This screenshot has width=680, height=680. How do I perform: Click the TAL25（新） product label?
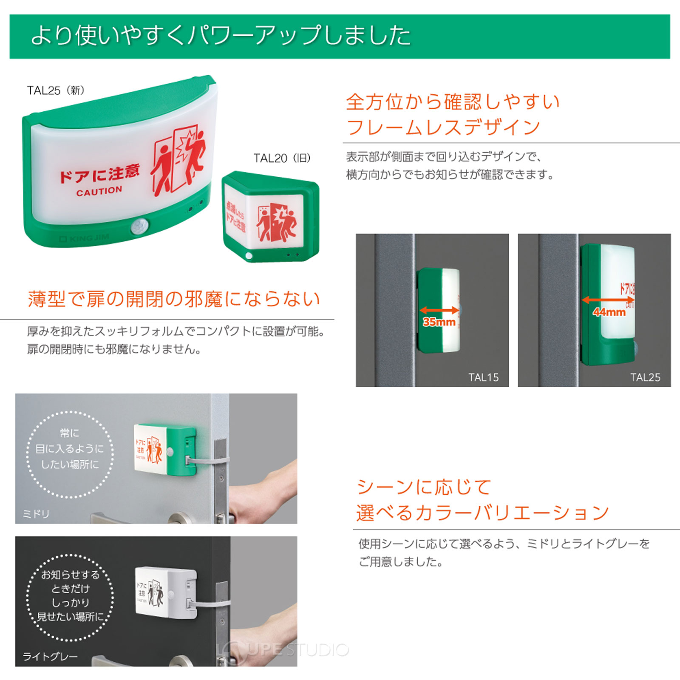pyautogui.click(x=56, y=91)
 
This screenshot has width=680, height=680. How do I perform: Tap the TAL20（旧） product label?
pyautogui.click(x=282, y=159)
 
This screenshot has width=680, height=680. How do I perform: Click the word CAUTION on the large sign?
pyautogui.click(x=99, y=191)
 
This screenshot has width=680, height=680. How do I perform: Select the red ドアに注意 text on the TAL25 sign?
pyautogui.click(x=99, y=173)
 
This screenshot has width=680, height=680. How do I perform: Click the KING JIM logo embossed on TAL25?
pyautogui.click(x=84, y=239)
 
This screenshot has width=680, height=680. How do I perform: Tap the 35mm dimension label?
pyautogui.click(x=439, y=322)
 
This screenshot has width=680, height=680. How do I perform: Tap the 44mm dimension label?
pyautogui.click(x=609, y=312)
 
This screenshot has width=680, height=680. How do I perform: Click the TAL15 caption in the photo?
pyautogui.click(x=483, y=377)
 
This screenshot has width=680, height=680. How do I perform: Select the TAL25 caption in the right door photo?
pyautogui.click(x=645, y=377)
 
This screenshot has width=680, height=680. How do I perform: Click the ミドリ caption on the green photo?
pyautogui.click(x=36, y=514)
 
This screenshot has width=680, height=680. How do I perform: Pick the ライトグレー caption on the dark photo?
pyautogui.click(x=50, y=657)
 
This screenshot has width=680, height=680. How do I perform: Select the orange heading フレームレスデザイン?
pyautogui.click(x=443, y=127)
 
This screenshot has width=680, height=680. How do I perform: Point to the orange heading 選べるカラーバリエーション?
pyautogui.click(x=482, y=513)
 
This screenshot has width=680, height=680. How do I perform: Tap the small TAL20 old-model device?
pyautogui.click(x=271, y=217)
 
